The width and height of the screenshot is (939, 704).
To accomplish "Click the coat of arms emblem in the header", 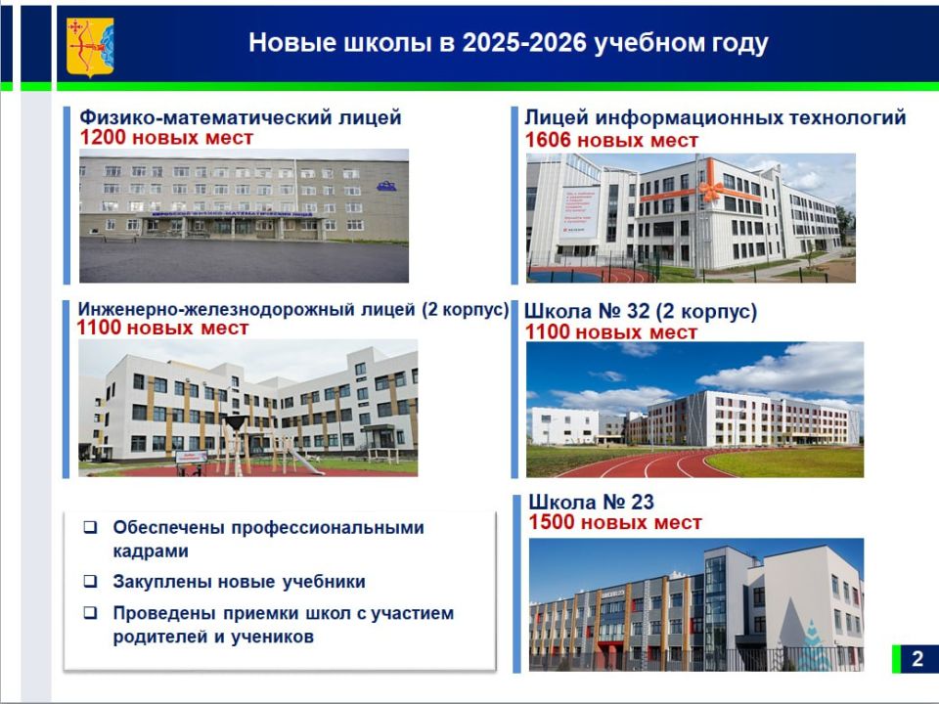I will click(x=89, y=45).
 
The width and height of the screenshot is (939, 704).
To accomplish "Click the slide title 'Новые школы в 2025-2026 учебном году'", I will click(x=508, y=43).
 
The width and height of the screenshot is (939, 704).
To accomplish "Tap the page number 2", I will click(x=917, y=658).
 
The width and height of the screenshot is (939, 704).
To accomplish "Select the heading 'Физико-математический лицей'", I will click(x=241, y=117).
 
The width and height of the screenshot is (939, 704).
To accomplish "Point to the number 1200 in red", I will click(x=103, y=138).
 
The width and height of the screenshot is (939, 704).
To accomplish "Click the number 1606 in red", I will click(x=549, y=141).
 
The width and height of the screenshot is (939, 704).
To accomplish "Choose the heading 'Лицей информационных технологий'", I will click(x=715, y=117).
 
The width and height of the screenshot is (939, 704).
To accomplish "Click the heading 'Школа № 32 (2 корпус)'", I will click(x=641, y=312).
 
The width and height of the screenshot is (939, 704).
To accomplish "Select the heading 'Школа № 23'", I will click(x=591, y=503).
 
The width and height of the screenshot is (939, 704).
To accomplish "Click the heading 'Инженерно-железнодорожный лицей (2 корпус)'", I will click(x=292, y=310).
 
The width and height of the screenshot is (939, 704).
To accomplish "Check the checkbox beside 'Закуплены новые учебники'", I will click(x=90, y=582).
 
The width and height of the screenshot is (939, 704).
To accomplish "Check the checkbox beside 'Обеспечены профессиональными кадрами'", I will click(x=90, y=528).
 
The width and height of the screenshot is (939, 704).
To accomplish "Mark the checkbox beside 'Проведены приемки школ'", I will click(x=90, y=614).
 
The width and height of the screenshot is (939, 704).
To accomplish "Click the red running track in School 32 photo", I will click(x=665, y=463).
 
